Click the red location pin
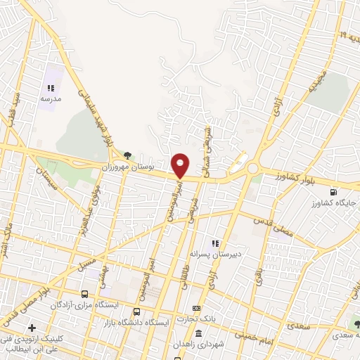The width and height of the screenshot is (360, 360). point(180,165)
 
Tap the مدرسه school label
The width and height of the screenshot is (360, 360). point(51,99)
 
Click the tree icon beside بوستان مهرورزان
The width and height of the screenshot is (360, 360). point(127,156)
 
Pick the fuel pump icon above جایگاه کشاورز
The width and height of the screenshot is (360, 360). point(333,191)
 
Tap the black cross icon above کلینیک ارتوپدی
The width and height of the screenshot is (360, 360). point(32,328)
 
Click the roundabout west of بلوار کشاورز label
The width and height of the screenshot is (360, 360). point(252,169)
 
